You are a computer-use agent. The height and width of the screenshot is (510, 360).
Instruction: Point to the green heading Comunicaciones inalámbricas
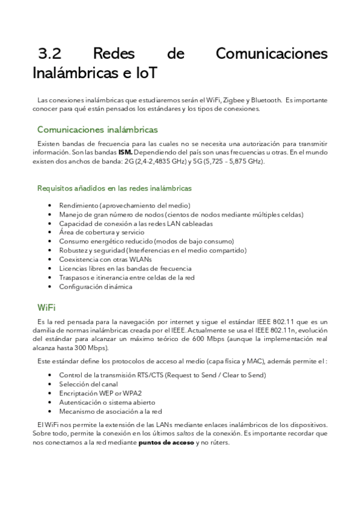[97, 129]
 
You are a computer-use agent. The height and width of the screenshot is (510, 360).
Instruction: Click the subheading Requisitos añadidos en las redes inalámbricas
[114, 188]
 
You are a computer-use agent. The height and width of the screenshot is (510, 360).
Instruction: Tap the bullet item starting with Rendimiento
[124, 205]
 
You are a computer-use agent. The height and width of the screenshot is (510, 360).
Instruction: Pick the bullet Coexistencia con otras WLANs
[105, 259]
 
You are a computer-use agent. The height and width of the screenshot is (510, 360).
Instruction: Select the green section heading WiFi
[46, 308]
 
